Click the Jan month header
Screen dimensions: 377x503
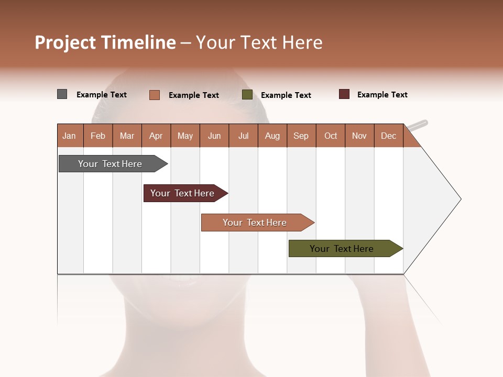70,136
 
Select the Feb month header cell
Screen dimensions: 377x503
98,136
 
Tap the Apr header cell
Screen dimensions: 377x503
156,136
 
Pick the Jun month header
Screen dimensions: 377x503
214,136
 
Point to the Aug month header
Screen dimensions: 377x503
272,136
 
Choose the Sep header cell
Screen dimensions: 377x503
301,136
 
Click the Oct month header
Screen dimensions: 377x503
331,136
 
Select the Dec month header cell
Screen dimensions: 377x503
389,136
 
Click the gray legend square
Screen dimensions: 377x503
62,94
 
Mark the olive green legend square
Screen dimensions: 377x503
247,95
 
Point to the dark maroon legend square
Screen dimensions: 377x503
344,94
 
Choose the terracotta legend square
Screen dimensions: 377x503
155,95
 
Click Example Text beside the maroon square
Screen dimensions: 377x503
382,95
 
